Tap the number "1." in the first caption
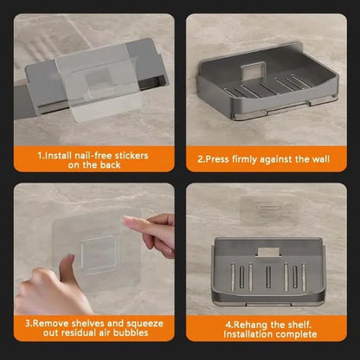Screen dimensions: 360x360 click(x=42, y=156)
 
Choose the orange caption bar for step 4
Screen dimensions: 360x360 click(x=267, y=327)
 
